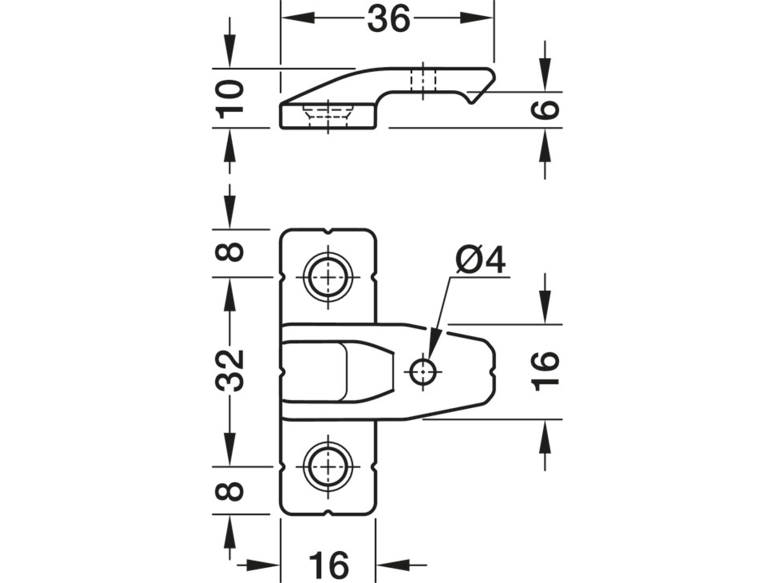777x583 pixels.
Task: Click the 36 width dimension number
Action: pos(388,19)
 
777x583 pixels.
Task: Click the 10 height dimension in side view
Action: pos(230,99)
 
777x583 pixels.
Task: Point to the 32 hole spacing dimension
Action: pos(230,371)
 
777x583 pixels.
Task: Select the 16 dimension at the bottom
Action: pos(328,565)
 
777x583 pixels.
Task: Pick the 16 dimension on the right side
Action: pos(546,371)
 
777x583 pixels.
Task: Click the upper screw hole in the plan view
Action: pos(328,277)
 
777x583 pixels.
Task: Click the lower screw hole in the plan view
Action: pos(328,467)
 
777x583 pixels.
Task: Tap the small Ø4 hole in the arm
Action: pos(423,371)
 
